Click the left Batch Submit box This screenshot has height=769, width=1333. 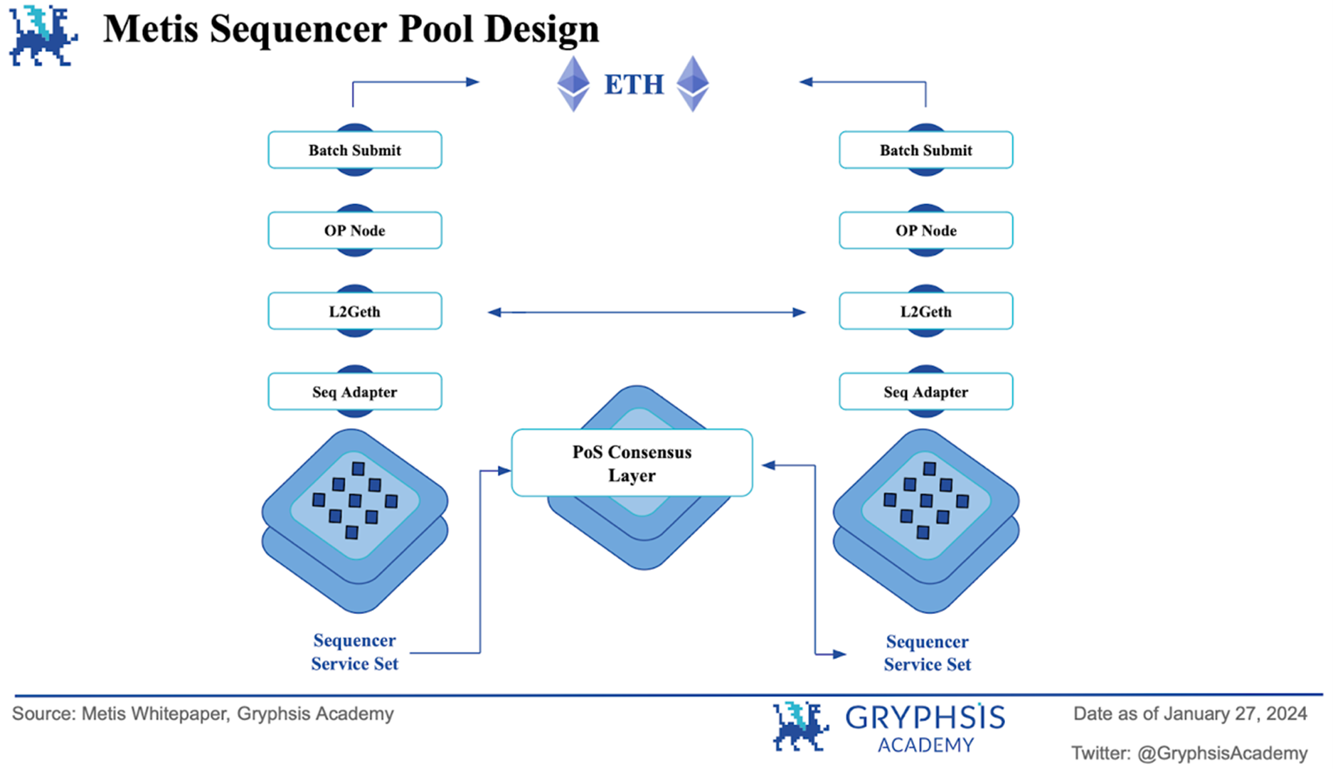[x=354, y=150]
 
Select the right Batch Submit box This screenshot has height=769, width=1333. [x=925, y=150]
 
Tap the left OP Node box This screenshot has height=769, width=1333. [x=354, y=230]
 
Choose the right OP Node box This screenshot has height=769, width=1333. [x=925, y=230]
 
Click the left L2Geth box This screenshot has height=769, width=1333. [x=354, y=311]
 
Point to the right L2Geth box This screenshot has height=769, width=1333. [x=925, y=311]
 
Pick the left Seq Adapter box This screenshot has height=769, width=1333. [x=354, y=391]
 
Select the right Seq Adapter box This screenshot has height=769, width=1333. [x=925, y=391]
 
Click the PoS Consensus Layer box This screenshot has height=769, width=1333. [x=632, y=463]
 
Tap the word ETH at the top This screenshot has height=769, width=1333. [x=634, y=85]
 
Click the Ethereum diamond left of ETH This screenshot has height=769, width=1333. [x=573, y=84]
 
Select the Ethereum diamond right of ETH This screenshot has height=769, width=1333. [x=692, y=84]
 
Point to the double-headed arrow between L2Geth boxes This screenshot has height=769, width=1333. [x=646, y=312]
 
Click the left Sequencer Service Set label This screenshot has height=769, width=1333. [x=354, y=652]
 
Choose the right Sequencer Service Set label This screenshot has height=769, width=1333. [x=927, y=653]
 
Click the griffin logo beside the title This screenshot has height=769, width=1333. [x=43, y=36]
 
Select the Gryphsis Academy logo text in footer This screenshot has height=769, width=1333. [x=925, y=728]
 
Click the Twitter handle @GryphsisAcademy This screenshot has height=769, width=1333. [x=1222, y=753]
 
